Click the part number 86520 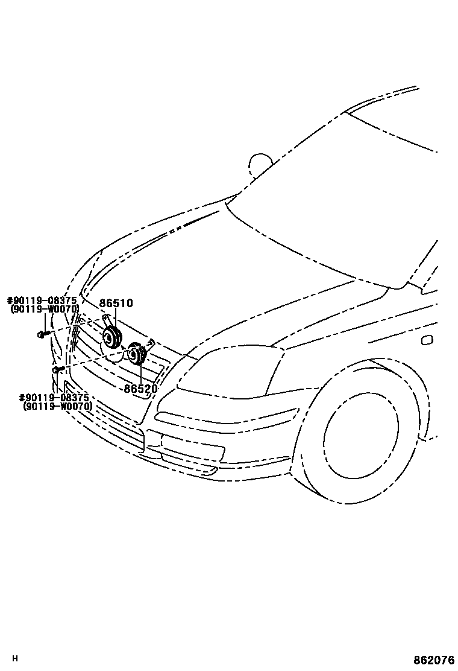click(140, 389)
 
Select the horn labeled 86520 click(137, 354)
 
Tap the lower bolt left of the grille click(57, 369)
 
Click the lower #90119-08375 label click(54, 398)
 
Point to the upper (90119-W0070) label click(44, 309)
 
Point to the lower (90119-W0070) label click(57, 406)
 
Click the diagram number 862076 click(433, 660)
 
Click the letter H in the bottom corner click(15, 658)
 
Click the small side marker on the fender click(427, 340)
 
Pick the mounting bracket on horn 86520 click(149, 345)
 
